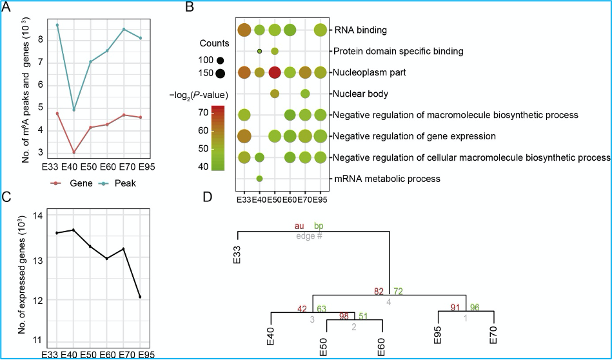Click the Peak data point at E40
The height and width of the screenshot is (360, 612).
[x=74, y=110]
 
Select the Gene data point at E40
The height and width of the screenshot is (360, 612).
[x=74, y=152]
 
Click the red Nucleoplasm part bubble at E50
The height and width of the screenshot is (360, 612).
[x=275, y=72]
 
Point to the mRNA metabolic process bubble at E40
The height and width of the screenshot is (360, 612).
[x=259, y=179]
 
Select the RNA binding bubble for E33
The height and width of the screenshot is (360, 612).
[x=244, y=30]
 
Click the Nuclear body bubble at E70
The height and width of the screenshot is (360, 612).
[x=305, y=94]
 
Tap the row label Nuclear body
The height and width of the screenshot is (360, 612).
[x=360, y=94]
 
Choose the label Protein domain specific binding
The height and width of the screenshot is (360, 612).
[x=398, y=51]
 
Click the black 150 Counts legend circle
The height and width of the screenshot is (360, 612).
[x=220, y=73]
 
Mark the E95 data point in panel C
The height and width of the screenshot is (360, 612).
[x=140, y=297]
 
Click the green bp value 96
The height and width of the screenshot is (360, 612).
[x=475, y=307]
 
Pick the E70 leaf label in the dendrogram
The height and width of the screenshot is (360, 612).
[x=494, y=335]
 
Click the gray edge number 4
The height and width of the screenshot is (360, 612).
[x=388, y=301]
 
